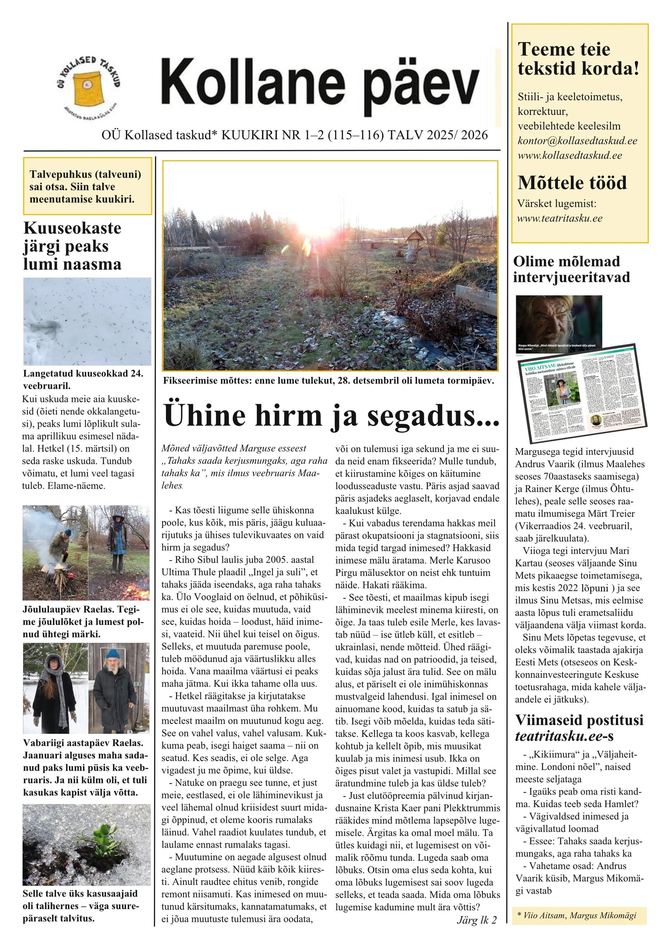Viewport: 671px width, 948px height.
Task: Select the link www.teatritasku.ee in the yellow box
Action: (560, 218)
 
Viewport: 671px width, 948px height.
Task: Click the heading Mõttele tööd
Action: (572, 183)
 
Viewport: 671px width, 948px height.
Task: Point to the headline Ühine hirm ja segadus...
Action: (331, 415)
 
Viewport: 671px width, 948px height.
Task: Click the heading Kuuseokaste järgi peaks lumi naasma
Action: (72, 246)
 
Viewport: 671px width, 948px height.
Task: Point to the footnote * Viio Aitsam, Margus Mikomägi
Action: (576, 915)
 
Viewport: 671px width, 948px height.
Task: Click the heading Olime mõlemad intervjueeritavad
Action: (571, 269)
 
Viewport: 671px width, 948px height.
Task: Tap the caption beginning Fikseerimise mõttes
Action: (329, 381)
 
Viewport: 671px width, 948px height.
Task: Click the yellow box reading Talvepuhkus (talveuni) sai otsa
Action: (88, 187)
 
